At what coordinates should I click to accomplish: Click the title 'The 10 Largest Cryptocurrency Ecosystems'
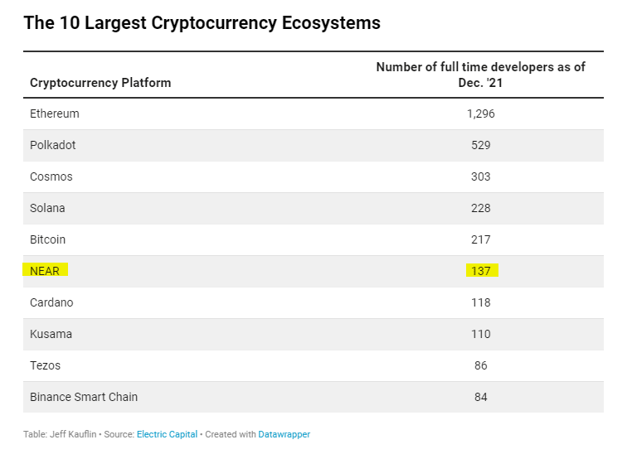[202, 23]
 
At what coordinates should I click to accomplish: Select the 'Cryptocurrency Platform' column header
[100, 83]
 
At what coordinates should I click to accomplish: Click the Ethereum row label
[55, 114]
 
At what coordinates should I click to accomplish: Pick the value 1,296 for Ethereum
[480, 114]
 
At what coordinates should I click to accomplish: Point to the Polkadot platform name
[52, 145]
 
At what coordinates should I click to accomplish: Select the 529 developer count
[480, 145]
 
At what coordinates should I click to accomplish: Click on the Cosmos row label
[51, 176]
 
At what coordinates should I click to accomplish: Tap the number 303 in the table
[480, 176]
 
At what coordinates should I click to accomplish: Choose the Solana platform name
[47, 208]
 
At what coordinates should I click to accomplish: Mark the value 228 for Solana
[480, 208]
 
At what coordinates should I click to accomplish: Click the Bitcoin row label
[47, 239]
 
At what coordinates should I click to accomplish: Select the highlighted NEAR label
[46, 271]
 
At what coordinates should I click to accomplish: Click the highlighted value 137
[480, 271]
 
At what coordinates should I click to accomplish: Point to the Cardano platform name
[51, 302]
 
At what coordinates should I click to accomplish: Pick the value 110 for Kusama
[480, 334]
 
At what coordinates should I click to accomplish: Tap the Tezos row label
[45, 365]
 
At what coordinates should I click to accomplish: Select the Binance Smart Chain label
[84, 397]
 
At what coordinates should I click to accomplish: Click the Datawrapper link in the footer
[284, 434]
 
